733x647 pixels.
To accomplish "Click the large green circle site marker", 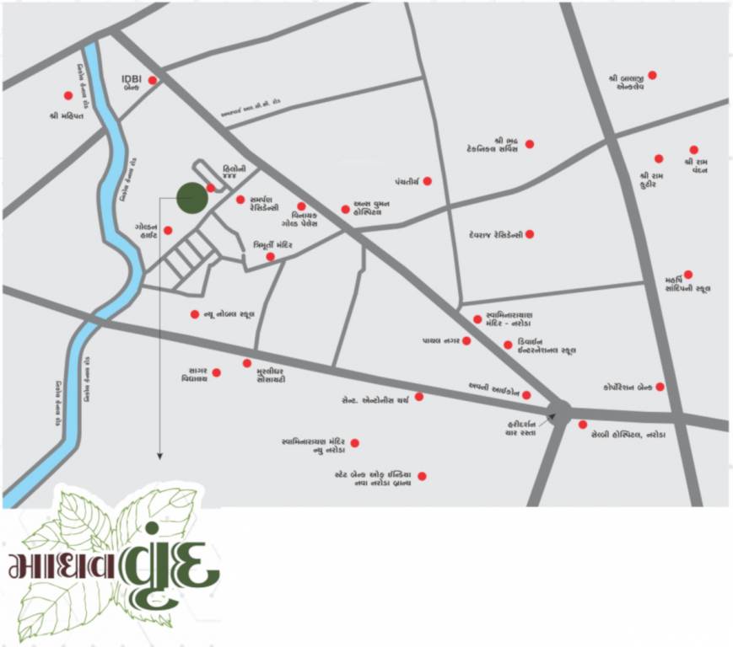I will (x=191, y=198).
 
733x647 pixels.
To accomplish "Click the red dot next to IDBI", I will (x=153, y=81).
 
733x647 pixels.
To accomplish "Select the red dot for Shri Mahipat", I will (x=68, y=95).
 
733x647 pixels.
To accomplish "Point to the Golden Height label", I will (x=143, y=232).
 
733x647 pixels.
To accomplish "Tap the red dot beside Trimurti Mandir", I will (x=270, y=257).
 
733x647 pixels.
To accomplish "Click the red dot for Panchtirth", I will (x=428, y=181).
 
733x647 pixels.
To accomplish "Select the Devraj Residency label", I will (x=495, y=234).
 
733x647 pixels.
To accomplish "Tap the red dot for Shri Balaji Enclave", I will (x=652, y=75).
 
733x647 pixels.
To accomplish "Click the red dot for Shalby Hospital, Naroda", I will (x=582, y=425).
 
